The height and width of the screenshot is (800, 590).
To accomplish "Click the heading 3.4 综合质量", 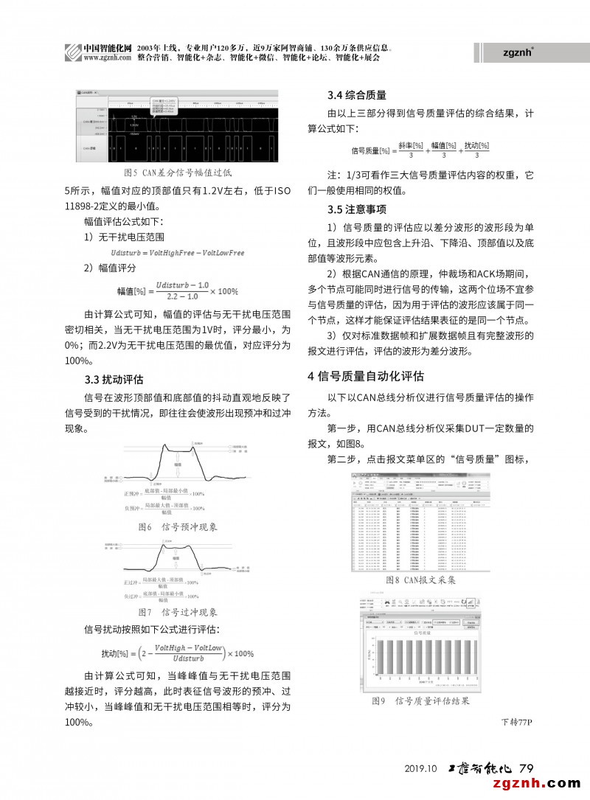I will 357,95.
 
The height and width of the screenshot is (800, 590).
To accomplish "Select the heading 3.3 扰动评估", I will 114,380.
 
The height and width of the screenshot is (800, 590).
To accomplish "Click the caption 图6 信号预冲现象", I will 178,527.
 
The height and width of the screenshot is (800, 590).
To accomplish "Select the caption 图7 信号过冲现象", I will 178,612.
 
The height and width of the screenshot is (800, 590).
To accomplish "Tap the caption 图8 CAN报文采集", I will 421,580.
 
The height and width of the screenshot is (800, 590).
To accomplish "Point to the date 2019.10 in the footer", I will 422,768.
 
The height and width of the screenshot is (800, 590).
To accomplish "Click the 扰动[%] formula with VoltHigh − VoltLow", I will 178,653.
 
